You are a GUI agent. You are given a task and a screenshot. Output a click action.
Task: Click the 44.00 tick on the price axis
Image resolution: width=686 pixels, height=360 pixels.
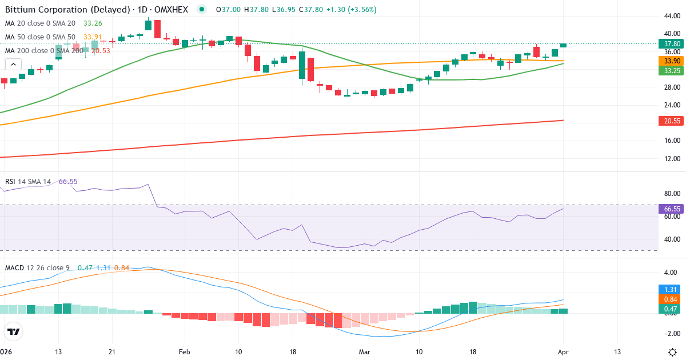tap(671, 16)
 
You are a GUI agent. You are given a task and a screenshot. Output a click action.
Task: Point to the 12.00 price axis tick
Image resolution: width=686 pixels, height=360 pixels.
tap(671, 158)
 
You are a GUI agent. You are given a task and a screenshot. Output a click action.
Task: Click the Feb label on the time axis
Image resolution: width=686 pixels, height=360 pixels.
tap(184, 351)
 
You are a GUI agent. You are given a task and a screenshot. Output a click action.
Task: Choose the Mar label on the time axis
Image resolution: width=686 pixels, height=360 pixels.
tap(364, 351)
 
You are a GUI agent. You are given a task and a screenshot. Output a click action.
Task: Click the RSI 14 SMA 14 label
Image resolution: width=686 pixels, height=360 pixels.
tap(27, 182)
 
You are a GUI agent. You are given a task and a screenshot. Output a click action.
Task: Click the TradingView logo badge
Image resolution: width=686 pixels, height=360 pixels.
tap(14, 331)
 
